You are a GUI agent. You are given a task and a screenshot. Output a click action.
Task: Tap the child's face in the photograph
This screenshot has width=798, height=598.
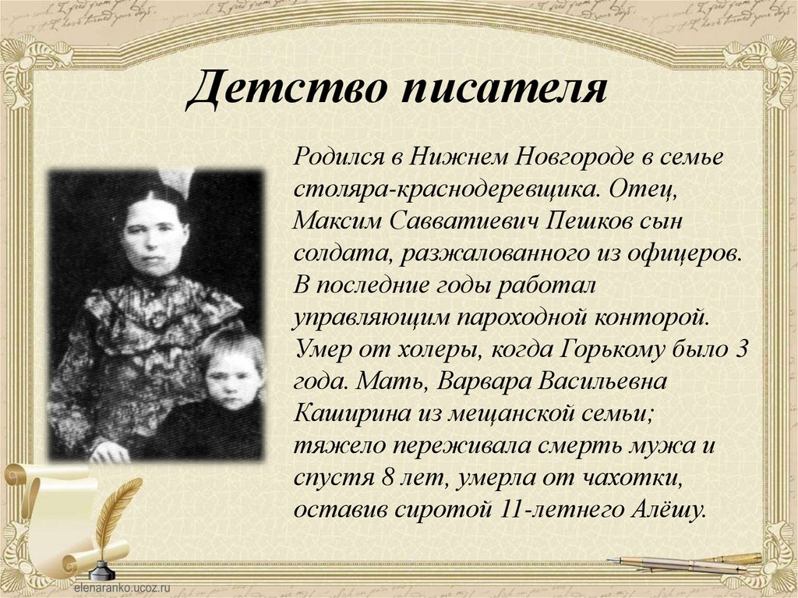pos(233,379)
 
